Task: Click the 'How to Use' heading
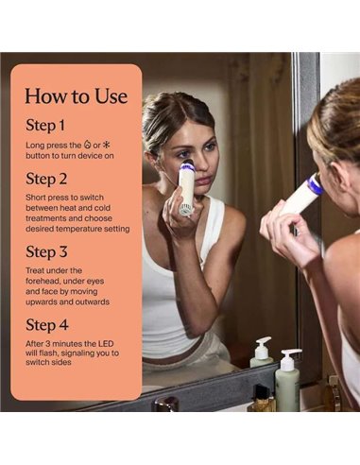(77, 96)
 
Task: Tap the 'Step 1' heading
(45, 125)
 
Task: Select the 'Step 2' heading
(46, 179)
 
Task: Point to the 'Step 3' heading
(46, 251)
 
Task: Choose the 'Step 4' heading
(47, 325)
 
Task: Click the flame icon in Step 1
(87, 145)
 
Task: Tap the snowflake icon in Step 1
(107, 145)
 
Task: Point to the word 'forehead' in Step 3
(41, 281)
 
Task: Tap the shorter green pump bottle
(262, 353)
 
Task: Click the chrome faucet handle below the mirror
(165, 404)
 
